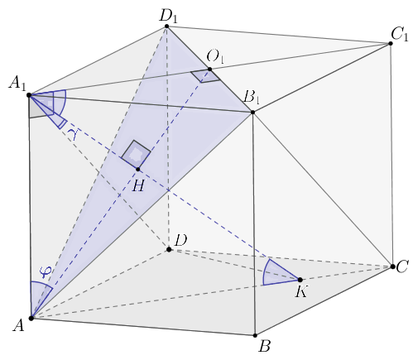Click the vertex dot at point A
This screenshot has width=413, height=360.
31,319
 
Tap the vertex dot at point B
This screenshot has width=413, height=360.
255,335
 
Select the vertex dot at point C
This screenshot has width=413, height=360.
392,266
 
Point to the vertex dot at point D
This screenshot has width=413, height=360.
169,250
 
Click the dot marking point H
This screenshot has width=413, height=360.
138,170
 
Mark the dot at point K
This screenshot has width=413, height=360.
300,280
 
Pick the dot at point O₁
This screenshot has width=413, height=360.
209,70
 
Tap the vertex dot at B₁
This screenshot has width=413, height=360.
252,113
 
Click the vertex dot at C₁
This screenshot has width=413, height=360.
391,43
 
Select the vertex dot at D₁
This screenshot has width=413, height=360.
166,26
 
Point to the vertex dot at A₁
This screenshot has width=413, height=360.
29,95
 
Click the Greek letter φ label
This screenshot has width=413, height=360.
46,272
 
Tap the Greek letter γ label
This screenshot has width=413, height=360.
72,134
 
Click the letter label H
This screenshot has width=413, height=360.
138,186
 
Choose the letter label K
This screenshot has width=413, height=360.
301,291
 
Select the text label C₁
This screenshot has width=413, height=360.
400,35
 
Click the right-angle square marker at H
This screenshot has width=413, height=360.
136,154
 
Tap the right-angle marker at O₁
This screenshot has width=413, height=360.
205,75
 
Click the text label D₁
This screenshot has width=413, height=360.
169,17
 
